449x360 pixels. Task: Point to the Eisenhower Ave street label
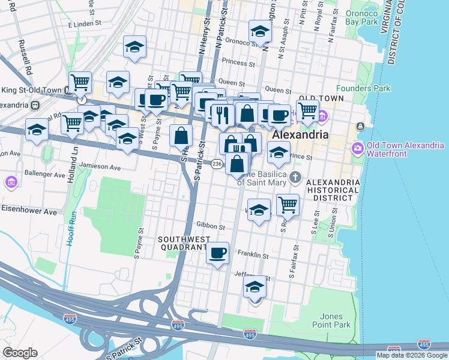coord(28,212)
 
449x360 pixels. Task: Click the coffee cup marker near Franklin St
coord(218,252)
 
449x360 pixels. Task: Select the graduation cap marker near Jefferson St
coord(255,288)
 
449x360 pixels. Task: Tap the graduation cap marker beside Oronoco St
coord(260,31)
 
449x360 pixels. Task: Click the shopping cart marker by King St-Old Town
coord(80,82)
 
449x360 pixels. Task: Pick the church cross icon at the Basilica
coord(295,177)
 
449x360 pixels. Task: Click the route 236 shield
coord(217,163)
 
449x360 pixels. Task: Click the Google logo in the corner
coord(20,353)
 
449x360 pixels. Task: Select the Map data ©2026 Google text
coord(412,355)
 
